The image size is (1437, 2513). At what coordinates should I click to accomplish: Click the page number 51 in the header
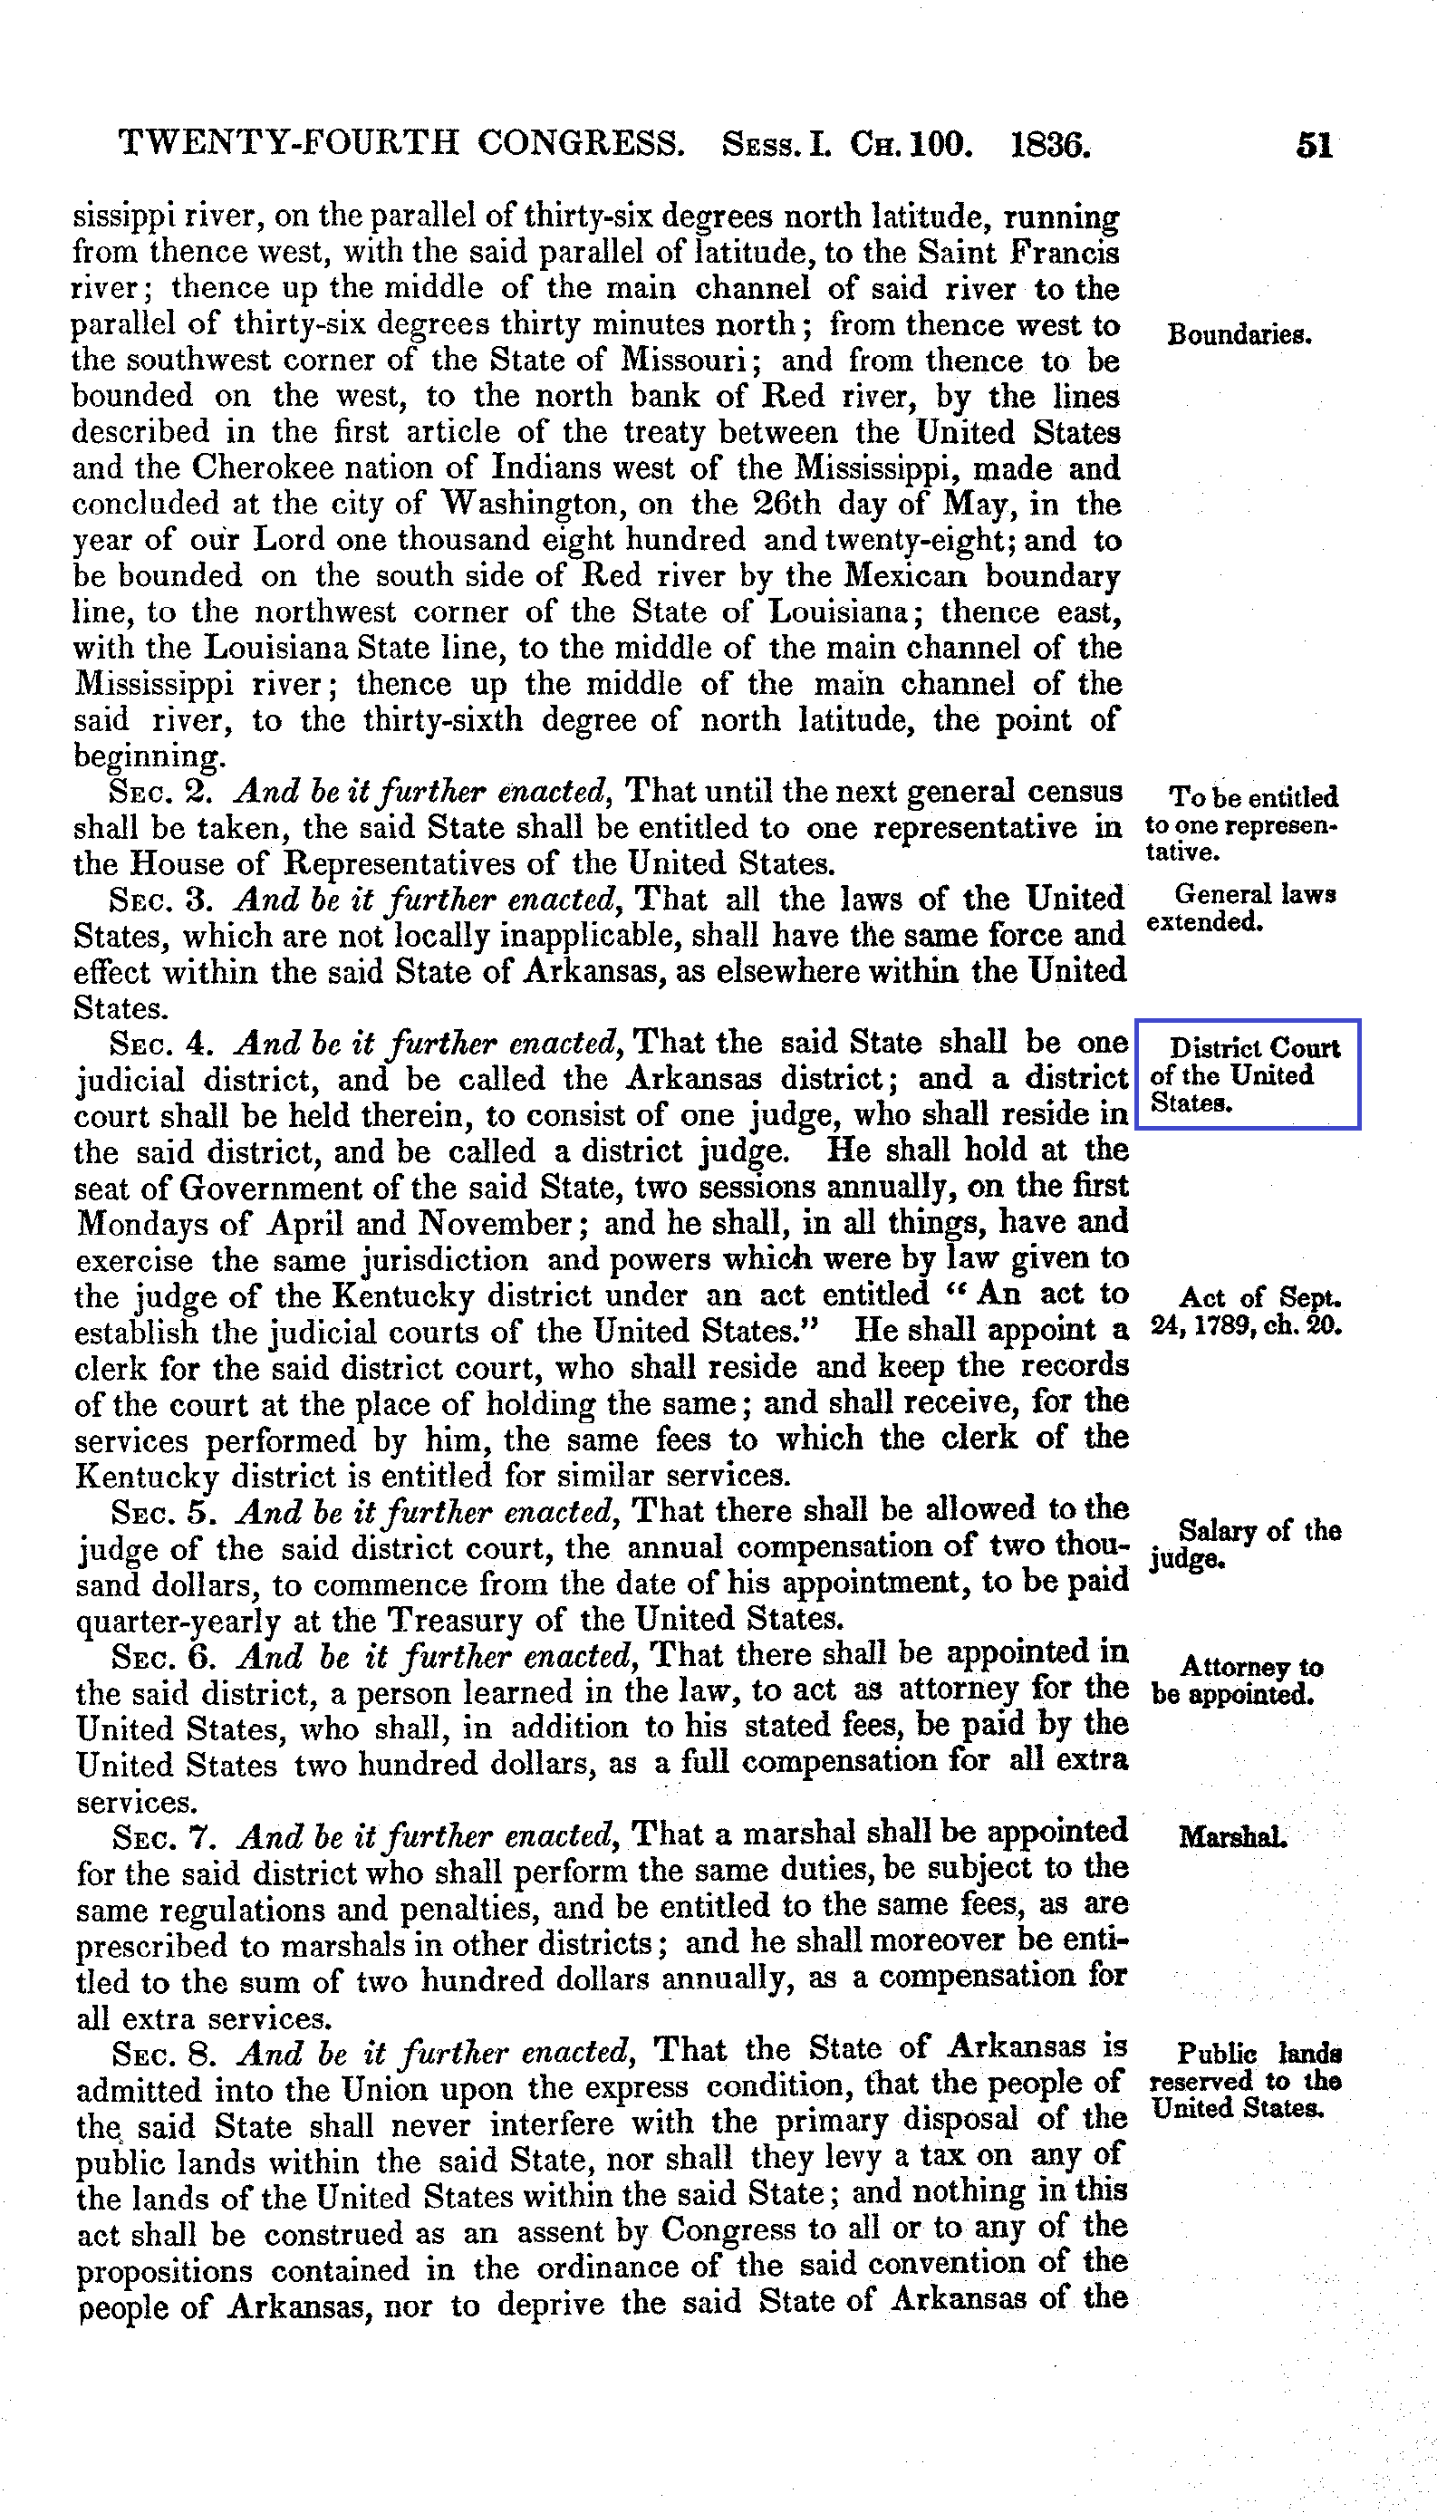tap(1314, 146)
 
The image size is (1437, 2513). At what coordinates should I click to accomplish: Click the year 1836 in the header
tap(1051, 146)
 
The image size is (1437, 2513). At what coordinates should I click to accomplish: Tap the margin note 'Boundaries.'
tap(1239, 334)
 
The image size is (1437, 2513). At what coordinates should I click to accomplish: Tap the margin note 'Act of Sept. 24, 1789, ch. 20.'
tap(1246, 1311)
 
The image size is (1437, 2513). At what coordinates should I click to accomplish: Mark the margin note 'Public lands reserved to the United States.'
tap(1246, 2082)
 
